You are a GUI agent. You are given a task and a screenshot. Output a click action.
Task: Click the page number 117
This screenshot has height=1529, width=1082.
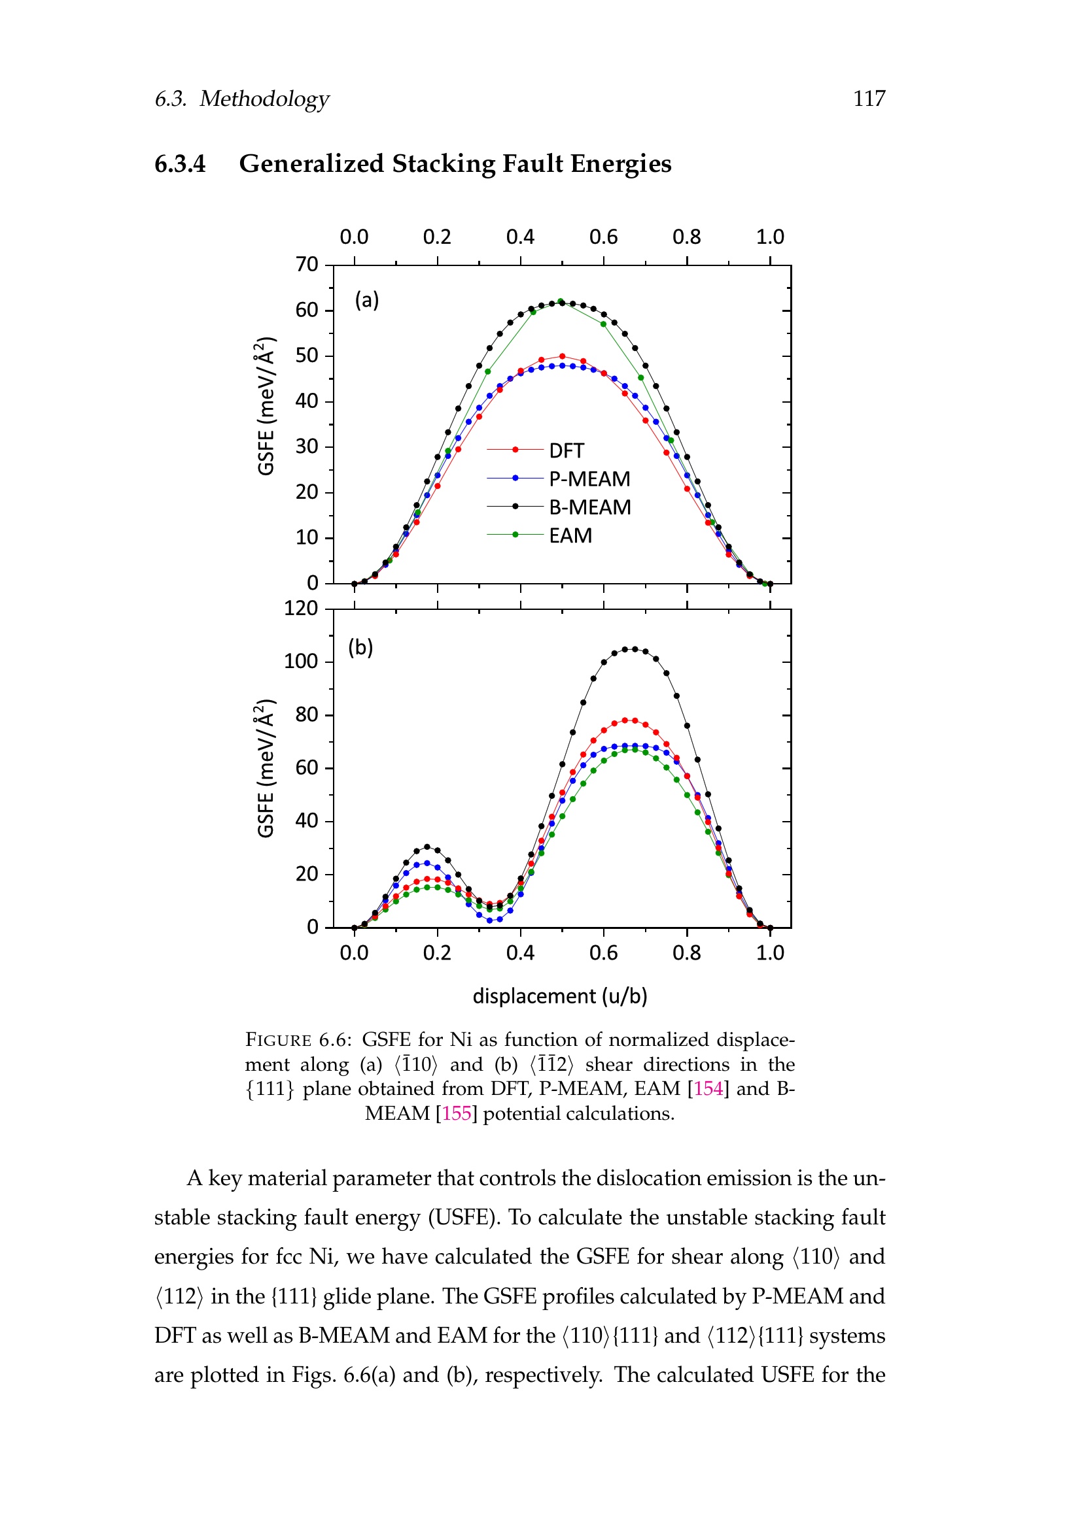869,99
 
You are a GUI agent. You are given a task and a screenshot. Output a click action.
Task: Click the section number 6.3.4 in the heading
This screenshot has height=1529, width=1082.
180,164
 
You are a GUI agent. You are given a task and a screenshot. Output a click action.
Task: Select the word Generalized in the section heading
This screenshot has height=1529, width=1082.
311,164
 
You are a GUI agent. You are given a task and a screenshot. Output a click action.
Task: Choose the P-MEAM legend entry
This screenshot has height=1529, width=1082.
558,478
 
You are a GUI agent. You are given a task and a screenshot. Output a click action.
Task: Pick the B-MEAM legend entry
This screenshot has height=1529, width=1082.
558,507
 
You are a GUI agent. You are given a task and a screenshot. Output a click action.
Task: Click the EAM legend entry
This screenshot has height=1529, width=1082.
540,535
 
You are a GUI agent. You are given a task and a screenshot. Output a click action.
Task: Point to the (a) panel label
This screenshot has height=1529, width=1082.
366,299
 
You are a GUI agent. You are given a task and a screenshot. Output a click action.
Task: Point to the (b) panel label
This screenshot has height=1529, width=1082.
360,647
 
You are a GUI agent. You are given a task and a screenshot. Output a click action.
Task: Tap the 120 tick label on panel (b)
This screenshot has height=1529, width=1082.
301,608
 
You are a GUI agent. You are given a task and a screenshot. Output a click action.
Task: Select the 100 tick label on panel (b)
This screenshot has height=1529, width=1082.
301,662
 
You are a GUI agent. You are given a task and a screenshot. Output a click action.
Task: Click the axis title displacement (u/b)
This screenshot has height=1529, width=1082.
560,996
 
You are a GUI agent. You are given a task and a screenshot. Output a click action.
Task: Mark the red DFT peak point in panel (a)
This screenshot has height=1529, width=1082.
562,356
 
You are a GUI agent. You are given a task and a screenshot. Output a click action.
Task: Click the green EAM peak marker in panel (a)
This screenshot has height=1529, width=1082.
561,301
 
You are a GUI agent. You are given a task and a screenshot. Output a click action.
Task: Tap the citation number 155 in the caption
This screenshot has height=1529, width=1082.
457,1113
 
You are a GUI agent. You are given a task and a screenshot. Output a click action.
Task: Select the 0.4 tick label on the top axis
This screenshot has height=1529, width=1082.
520,237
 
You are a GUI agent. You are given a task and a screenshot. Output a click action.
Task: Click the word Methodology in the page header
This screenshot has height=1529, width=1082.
264,99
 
